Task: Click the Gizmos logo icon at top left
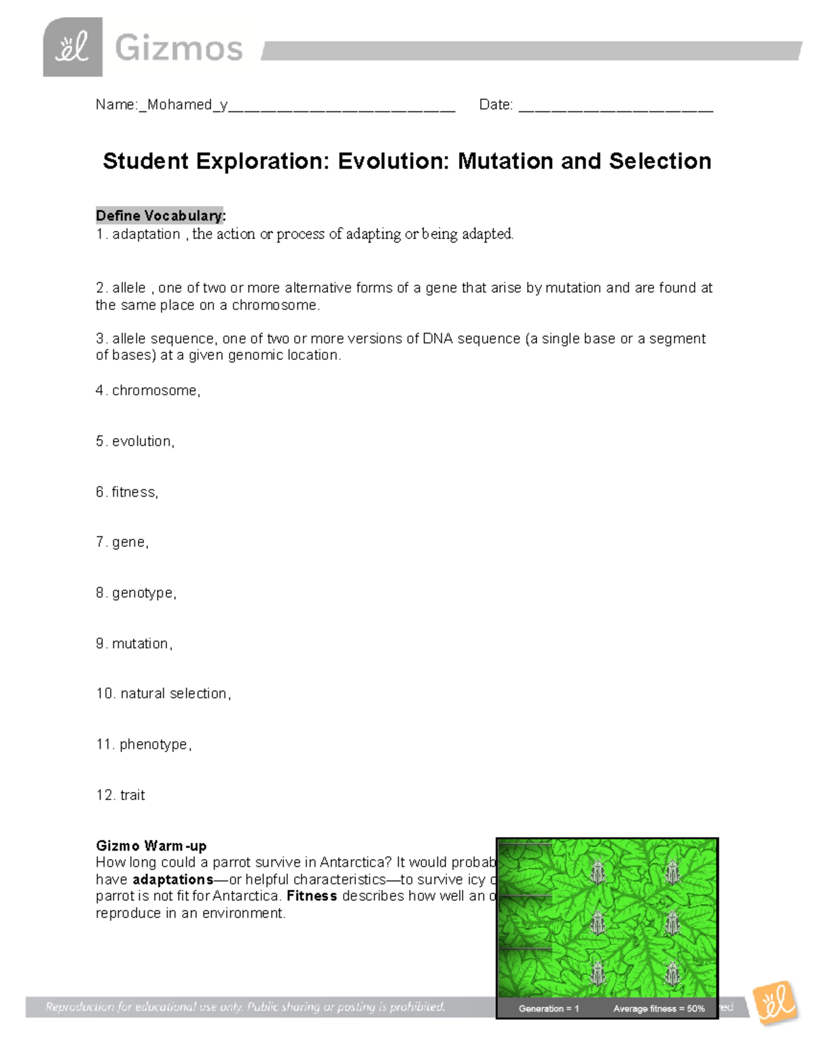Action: coord(73,48)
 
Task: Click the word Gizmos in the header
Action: coord(179,49)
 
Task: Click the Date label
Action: coord(495,105)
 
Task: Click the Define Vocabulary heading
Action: coord(160,215)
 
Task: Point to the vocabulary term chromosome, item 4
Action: coord(156,391)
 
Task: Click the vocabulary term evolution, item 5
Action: coord(143,442)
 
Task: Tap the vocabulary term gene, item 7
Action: coord(130,542)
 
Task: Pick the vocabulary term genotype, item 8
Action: coord(143,593)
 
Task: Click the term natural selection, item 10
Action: coord(175,694)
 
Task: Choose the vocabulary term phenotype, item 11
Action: coord(155,745)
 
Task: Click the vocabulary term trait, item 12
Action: coord(132,795)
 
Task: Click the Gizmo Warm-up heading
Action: coord(151,846)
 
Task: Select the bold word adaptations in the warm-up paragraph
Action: coord(173,879)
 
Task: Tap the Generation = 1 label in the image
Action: coord(549,1008)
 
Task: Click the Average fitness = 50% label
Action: coord(659,1008)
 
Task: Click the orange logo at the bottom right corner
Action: coord(776,1003)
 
